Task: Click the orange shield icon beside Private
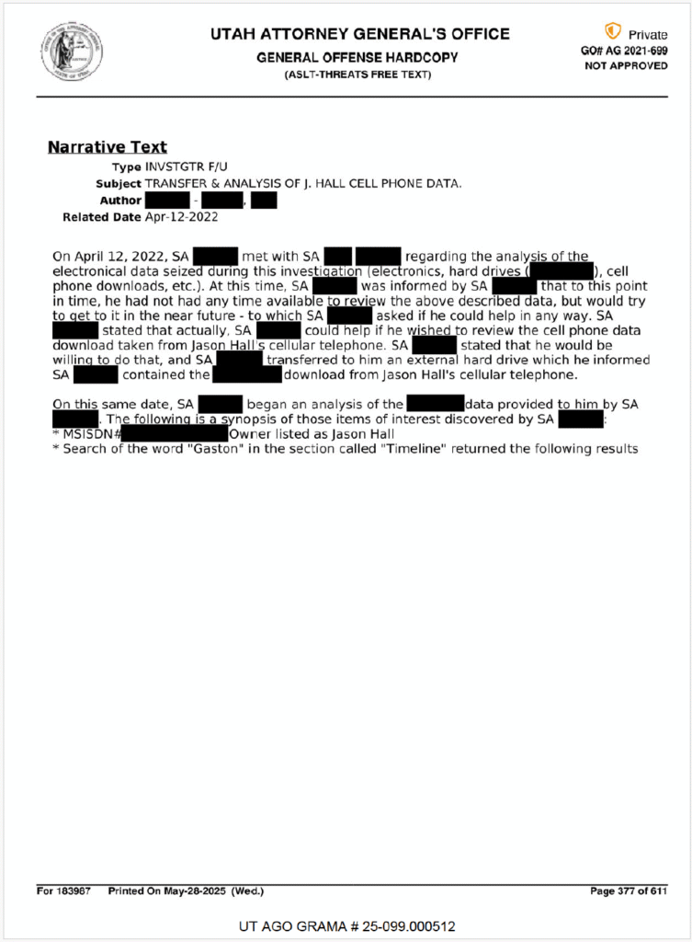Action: [x=612, y=32]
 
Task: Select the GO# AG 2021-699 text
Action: [x=624, y=51]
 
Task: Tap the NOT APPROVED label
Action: [x=626, y=66]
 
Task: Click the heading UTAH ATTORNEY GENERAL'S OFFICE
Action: [x=359, y=34]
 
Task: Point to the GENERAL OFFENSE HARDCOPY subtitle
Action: [x=357, y=57]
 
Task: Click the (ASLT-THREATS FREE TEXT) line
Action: [x=357, y=74]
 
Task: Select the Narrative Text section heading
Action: [x=107, y=147]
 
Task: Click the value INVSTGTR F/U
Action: [x=186, y=167]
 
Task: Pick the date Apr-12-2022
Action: [x=182, y=217]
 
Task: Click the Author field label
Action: [x=120, y=201]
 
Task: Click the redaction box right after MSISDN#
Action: [x=174, y=433]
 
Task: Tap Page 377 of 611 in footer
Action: [x=628, y=891]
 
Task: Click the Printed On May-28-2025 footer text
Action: [x=186, y=891]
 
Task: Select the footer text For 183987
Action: [x=63, y=891]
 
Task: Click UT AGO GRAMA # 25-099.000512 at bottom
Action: [x=346, y=925]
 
